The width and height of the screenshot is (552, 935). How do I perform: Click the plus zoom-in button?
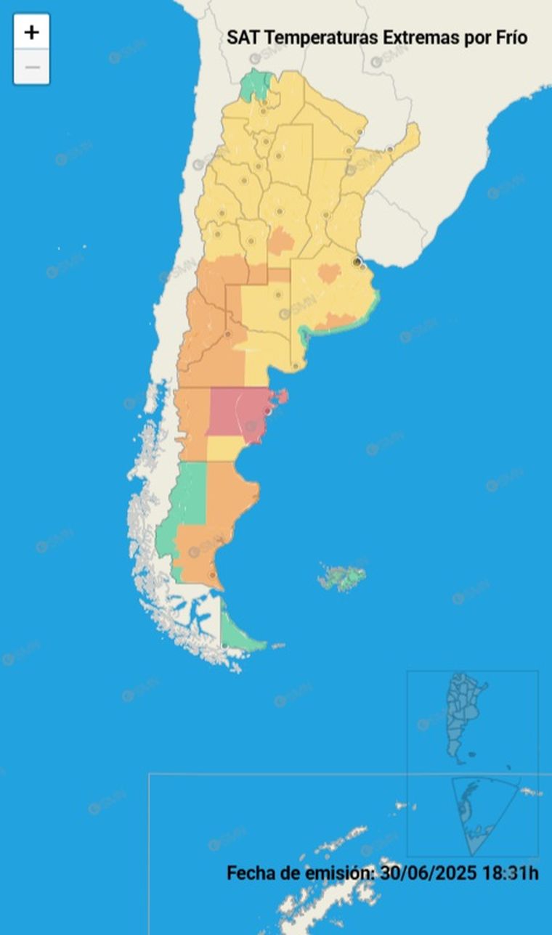click(x=31, y=32)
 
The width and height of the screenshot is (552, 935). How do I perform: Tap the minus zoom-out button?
click(x=31, y=68)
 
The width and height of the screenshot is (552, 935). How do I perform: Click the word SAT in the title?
click(x=242, y=38)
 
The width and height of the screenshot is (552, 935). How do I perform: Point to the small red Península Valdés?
click(x=280, y=396)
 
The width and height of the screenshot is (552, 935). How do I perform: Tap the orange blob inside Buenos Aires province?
click(x=330, y=273)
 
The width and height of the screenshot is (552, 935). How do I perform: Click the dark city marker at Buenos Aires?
click(x=357, y=261)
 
